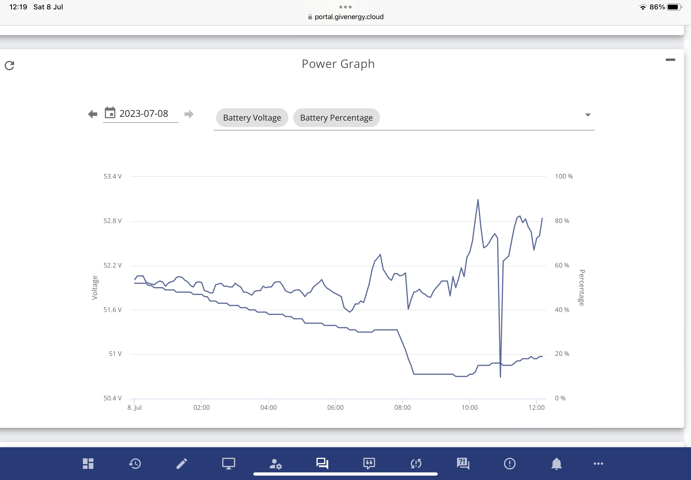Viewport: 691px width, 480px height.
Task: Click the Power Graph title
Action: tap(338, 64)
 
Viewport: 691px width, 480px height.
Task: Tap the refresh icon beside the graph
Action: tap(9, 65)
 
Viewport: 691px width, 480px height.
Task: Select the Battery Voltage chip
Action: tap(252, 118)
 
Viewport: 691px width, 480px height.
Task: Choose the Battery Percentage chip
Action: tap(336, 118)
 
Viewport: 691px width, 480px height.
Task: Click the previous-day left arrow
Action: tap(93, 114)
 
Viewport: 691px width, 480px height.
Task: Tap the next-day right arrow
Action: tap(189, 114)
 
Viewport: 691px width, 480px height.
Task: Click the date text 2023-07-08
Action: tap(144, 113)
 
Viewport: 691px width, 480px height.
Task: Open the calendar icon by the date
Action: tap(110, 113)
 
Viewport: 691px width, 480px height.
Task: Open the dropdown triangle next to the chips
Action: tap(588, 115)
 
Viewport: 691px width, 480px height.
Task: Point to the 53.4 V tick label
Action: tap(112, 176)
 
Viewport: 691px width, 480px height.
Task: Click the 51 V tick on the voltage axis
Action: tap(115, 354)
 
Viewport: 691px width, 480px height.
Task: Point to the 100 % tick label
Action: tap(564, 176)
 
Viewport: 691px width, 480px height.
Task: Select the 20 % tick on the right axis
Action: tap(562, 354)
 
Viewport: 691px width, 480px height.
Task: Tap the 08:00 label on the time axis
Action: tap(403, 407)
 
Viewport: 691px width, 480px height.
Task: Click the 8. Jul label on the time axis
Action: tap(134, 407)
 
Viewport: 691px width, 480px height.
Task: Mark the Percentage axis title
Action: tap(582, 288)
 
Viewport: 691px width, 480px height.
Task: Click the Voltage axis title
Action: tap(95, 288)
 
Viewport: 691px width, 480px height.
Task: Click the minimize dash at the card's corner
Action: tap(671, 59)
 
